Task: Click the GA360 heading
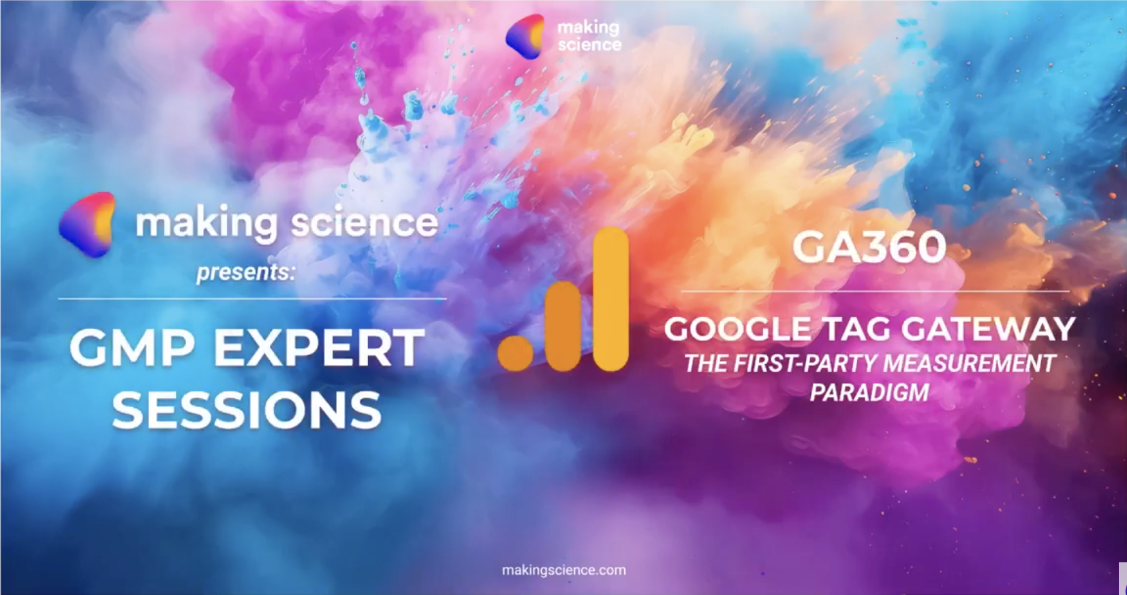(869, 247)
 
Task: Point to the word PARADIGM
(869, 392)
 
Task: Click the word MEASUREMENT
(969, 364)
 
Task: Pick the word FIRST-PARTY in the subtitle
(805, 364)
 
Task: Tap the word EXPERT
(320, 348)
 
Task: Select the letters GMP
(132, 348)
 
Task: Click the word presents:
(245, 272)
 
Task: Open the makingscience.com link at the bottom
(564, 570)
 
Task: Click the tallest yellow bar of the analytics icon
(611, 299)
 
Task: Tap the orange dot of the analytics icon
(515, 354)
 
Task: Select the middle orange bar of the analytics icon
(563, 326)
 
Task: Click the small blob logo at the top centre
(524, 36)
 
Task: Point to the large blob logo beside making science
(87, 224)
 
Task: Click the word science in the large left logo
(365, 223)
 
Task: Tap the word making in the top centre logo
(588, 28)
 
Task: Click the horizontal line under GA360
(875, 291)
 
